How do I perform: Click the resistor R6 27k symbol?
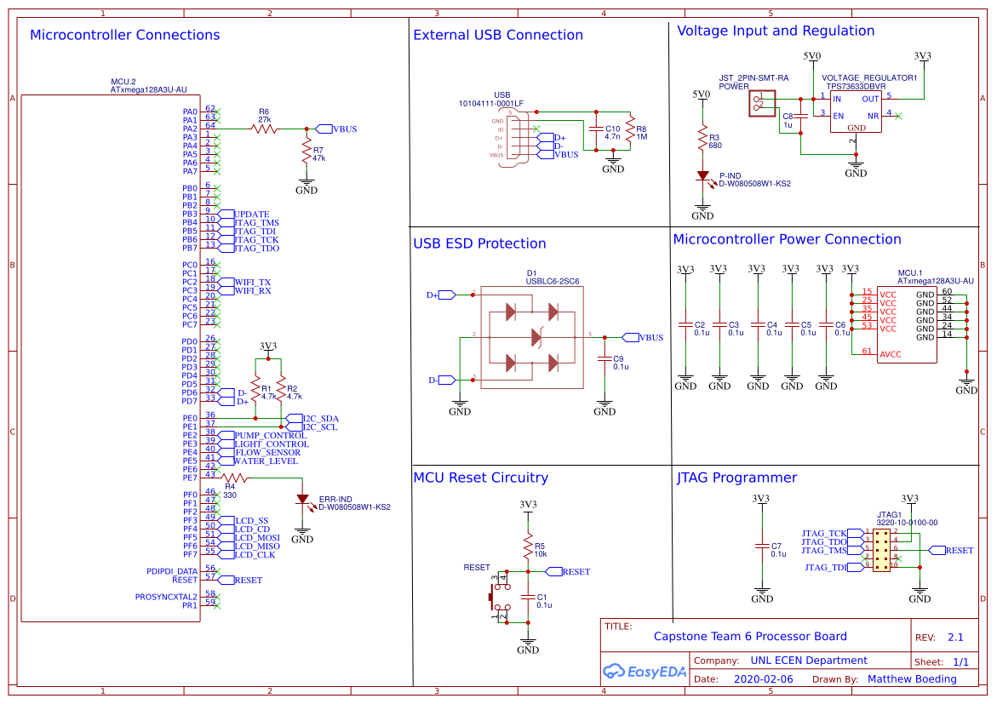tap(265, 129)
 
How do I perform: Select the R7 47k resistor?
tap(307, 153)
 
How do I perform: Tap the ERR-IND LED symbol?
tap(302, 500)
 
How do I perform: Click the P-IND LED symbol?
tap(702, 177)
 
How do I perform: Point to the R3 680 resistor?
tap(702, 139)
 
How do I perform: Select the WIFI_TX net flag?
tap(252, 282)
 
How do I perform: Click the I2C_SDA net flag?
tap(320, 419)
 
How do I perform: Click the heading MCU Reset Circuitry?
tap(480, 478)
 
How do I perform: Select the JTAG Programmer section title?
tap(736, 478)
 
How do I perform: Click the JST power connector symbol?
tap(760, 104)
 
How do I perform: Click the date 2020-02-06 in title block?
tap(762, 679)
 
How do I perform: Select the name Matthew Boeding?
tap(912, 679)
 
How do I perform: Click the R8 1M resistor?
tap(630, 132)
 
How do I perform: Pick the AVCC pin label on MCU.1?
tap(890, 353)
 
